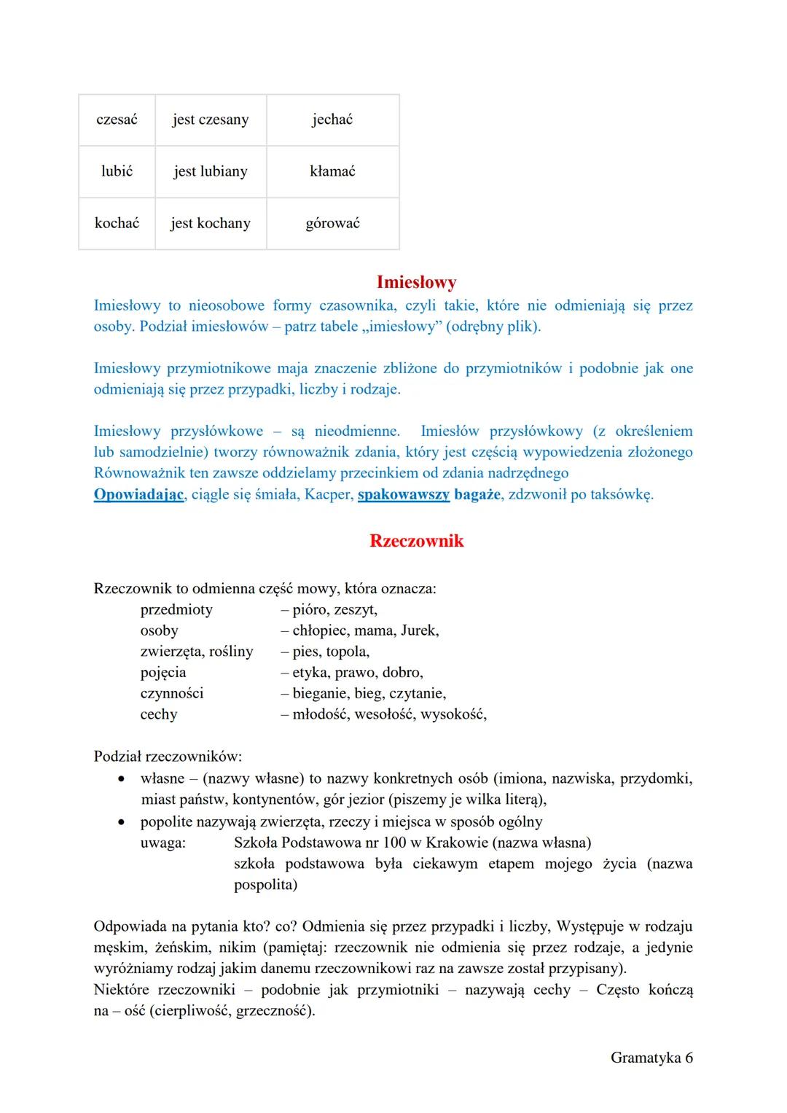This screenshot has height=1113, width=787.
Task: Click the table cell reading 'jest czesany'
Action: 211,120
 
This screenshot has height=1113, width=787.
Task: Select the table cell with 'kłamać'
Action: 332,171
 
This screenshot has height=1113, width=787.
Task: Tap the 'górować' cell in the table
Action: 332,223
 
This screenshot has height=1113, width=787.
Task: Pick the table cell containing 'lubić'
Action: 117,171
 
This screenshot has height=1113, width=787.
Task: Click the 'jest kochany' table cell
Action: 211,223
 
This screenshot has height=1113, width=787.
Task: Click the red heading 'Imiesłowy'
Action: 416,282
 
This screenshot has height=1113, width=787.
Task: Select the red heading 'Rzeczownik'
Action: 416,541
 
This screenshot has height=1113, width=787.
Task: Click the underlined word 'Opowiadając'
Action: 138,494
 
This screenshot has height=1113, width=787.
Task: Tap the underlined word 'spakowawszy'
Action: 404,494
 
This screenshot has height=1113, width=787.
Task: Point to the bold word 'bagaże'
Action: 477,494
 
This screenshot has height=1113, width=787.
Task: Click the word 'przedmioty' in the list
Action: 176,609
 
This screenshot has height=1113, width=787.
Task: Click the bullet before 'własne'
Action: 123,779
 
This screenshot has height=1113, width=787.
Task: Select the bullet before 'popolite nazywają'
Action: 123,822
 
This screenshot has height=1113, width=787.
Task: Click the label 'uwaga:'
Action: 163,843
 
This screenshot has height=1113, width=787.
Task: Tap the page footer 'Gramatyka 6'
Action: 651,1058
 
